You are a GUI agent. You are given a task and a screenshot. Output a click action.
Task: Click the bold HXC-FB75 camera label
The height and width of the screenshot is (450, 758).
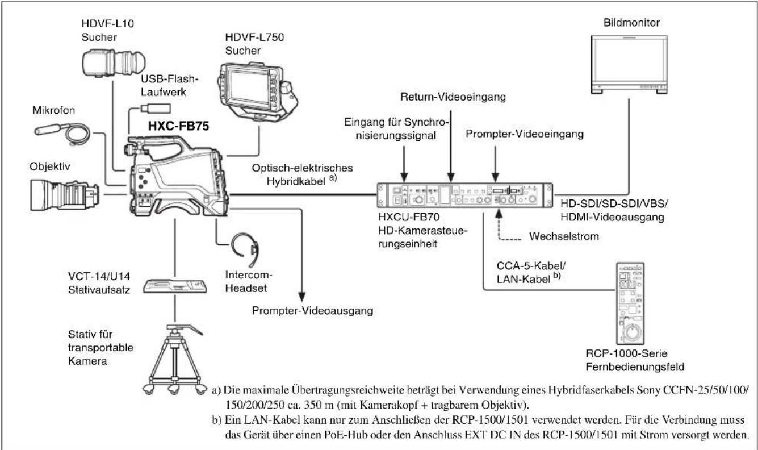click(178, 126)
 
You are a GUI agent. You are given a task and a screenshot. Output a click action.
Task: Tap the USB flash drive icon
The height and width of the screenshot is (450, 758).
click(156, 109)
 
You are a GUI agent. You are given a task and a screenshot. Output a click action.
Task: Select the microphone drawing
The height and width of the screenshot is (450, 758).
click(62, 133)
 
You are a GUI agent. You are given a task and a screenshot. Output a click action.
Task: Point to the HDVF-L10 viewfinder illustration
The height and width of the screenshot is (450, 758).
click(114, 63)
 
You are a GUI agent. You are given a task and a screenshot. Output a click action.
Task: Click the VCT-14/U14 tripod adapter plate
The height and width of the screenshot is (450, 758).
click(175, 286)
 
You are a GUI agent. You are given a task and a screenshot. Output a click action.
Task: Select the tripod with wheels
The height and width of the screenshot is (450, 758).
click(175, 359)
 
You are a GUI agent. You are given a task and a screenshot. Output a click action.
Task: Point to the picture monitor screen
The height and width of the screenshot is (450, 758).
click(629, 61)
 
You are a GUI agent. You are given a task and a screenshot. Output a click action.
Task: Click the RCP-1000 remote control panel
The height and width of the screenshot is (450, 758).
click(630, 303)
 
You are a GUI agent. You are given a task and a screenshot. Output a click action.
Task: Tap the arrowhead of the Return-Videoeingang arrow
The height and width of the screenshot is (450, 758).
click(451, 177)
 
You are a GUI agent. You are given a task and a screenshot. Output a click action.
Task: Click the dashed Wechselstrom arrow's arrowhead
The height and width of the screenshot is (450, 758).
click(499, 213)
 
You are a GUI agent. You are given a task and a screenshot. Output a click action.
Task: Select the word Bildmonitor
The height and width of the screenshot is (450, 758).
click(631, 23)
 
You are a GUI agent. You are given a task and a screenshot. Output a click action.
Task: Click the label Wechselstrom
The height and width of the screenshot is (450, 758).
click(564, 236)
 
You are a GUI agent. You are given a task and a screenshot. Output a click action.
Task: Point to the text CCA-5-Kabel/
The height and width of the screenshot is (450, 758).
click(531, 266)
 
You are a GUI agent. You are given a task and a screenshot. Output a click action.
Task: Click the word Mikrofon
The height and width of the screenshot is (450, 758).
click(54, 110)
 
